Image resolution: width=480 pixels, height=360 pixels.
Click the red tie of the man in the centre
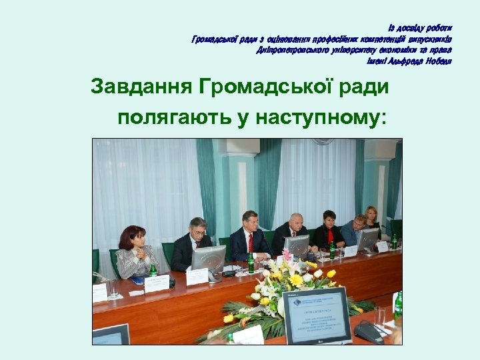[x=251, y=243]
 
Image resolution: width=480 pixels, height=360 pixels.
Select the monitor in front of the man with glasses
[x=209, y=258]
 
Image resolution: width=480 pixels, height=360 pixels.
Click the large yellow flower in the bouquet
[x=296, y=280]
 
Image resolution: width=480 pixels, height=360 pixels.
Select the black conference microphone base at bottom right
[x=369, y=332]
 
